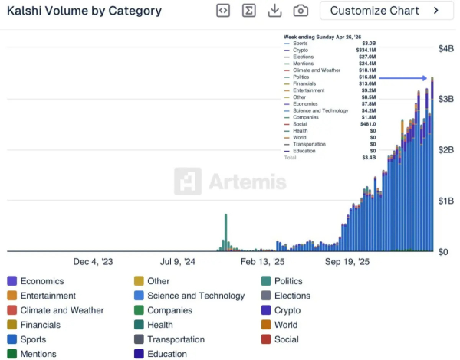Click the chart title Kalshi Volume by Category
(x=84, y=11)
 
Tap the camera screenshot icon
(x=301, y=11)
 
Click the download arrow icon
(x=274, y=11)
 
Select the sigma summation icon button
(x=248, y=11)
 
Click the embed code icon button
(x=222, y=11)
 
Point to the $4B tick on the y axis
(x=445, y=48)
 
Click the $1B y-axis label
(x=445, y=201)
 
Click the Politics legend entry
(x=288, y=281)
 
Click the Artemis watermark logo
(x=230, y=182)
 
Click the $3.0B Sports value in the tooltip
(x=370, y=44)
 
